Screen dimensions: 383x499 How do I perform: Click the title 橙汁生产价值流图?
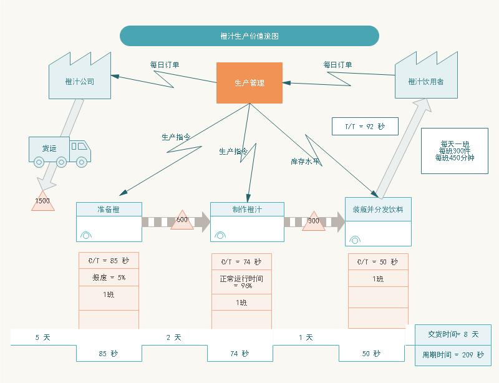[249, 36]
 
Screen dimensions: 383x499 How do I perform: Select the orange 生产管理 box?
[249, 83]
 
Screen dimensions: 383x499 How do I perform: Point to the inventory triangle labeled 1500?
[42, 201]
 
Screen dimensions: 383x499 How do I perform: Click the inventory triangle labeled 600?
[182, 220]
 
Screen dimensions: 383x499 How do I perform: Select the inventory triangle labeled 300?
[314, 221]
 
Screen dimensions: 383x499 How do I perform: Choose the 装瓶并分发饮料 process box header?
[378, 210]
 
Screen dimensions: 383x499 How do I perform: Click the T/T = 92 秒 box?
[365, 127]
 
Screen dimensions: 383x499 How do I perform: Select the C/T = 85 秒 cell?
[109, 261]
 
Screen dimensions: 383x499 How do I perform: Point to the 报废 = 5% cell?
[109, 278]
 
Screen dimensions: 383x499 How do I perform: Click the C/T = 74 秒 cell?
[241, 262]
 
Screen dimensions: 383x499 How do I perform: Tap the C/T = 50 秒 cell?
[378, 262]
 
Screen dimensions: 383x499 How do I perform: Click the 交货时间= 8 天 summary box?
[453, 334]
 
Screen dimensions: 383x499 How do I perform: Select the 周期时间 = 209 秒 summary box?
[453, 354]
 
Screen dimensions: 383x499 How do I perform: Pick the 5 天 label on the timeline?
[42, 337]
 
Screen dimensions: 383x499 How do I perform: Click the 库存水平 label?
[306, 162]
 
